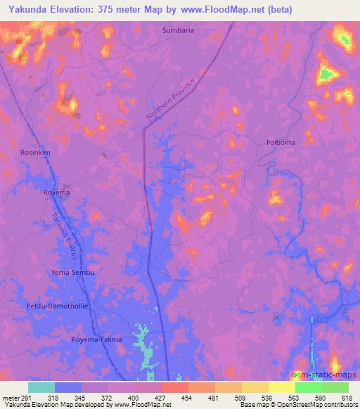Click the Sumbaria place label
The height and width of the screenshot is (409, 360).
(x=178, y=31)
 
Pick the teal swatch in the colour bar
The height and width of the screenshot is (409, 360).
(x=41, y=387)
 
